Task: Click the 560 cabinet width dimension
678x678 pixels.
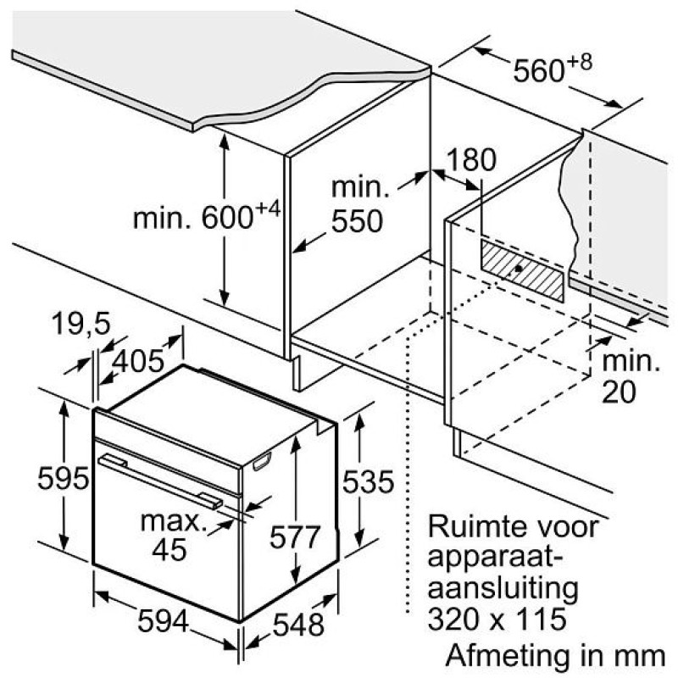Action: [x=553, y=69]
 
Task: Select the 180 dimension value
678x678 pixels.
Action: [x=471, y=159]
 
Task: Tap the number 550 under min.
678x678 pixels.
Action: [x=357, y=221]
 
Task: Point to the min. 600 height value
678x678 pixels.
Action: [x=207, y=215]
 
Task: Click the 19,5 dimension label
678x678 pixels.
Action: [x=81, y=323]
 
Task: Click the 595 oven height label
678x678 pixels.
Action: [x=63, y=478]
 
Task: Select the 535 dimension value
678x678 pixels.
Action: [x=368, y=481]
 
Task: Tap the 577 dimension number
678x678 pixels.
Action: [x=295, y=537]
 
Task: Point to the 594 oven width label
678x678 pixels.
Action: [x=164, y=621]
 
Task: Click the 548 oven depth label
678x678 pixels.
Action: [x=299, y=625]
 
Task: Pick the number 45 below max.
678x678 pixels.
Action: [x=169, y=549]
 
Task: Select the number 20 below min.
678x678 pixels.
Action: [x=620, y=392]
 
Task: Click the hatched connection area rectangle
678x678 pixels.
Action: [x=523, y=271]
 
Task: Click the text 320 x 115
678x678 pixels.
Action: [x=497, y=619]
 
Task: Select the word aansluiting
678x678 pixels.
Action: [x=503, y=589]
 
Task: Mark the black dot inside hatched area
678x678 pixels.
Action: [x=519, y=269]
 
